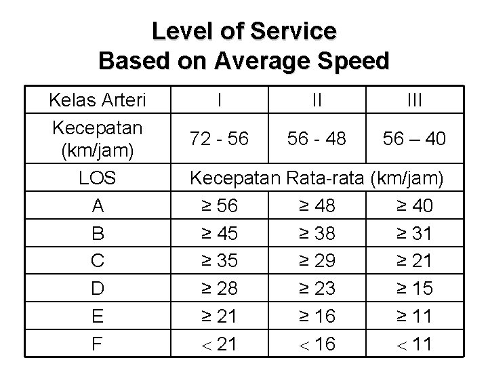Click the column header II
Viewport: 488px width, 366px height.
point(317,101)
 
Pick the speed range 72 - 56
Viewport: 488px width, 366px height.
point(220,139)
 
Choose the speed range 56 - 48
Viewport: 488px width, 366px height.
point(317,139)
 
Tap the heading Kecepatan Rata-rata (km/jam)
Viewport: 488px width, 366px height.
point(317,179)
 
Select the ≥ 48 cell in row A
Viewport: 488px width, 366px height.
point(317,205)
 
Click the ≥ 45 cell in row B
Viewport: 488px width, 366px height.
point(220,233)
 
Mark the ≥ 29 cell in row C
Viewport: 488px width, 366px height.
point(317,261)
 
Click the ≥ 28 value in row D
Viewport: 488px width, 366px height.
point(220,289)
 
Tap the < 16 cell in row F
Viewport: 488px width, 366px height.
point(317,344)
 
